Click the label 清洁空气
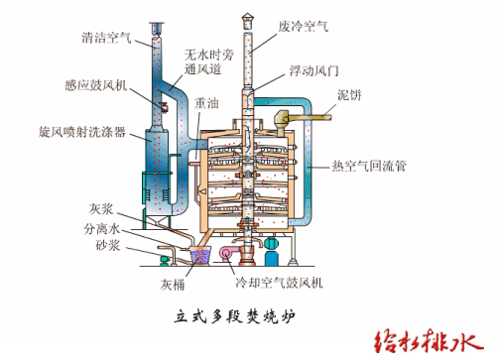(106, 38)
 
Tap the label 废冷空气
(304, 26)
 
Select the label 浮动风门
(313, 70)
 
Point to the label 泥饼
(349, 95)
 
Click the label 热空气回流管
(369, 166)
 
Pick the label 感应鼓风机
(96, 85)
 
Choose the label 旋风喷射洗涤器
(82, 132)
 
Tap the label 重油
(206, 103)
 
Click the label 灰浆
(101, 209)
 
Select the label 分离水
(101, 228)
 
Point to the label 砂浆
(107, 245)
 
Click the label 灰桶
(173, 285)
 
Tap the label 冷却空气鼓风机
(279, 283)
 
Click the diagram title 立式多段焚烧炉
(234, 316)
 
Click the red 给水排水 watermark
(429, 342)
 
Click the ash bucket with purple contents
(200, 255)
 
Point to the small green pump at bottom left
(165, 260)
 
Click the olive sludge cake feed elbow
(282, 121)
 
